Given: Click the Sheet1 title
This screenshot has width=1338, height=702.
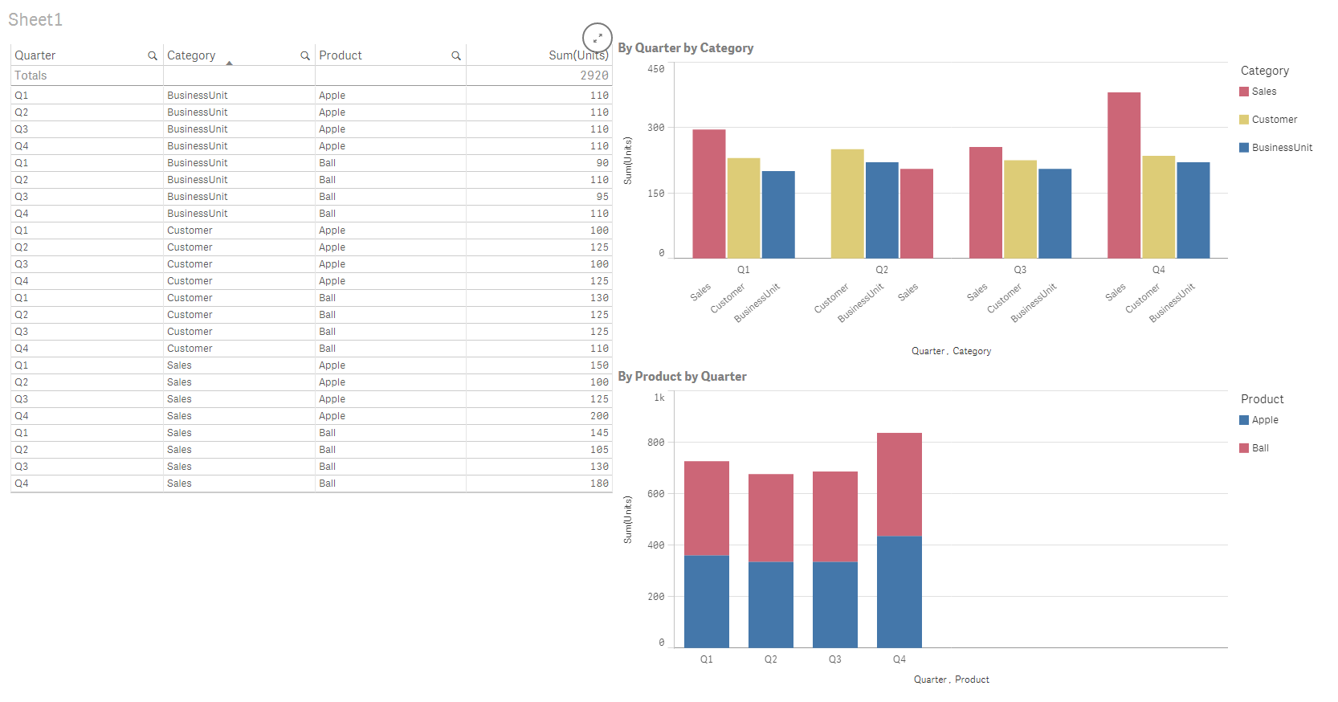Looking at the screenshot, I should click(x=35, y=20).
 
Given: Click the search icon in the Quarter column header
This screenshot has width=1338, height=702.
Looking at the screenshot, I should click(x=153, y=56).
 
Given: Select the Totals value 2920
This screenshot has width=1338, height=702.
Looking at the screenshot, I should click(x=594, y=76).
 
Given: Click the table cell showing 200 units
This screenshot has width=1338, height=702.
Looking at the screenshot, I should click(x=599, y=416).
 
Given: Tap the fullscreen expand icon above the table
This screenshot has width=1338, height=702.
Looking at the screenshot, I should click(x=598, y=38).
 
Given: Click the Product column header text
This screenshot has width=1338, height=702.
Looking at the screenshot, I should click(x=341, y=55).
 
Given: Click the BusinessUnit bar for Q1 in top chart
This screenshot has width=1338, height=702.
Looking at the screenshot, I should click(x=778, y=214).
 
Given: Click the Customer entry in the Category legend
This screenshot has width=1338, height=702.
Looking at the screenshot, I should click(x=1274, y=120).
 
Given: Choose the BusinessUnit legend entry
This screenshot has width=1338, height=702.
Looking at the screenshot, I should click(x=1282, y=148).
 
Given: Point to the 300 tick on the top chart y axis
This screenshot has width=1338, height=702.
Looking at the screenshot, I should click(x=656, y=128).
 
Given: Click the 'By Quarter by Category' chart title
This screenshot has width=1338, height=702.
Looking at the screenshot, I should click(x=685, y=48).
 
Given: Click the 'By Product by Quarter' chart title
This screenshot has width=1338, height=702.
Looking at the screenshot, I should click(x=682, y=377).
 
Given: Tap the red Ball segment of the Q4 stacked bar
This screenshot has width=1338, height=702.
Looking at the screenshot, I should click(x=899, y=484).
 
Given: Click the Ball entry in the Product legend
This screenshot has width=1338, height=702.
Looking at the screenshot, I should click(x=1260, y=448).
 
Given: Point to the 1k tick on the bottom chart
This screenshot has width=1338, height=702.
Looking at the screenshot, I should click(x=659, y=398).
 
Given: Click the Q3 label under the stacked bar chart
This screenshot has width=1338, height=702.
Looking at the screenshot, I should click(x=835, y=659).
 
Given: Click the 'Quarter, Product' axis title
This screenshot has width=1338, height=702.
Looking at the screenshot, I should click(x=951, y=680).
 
